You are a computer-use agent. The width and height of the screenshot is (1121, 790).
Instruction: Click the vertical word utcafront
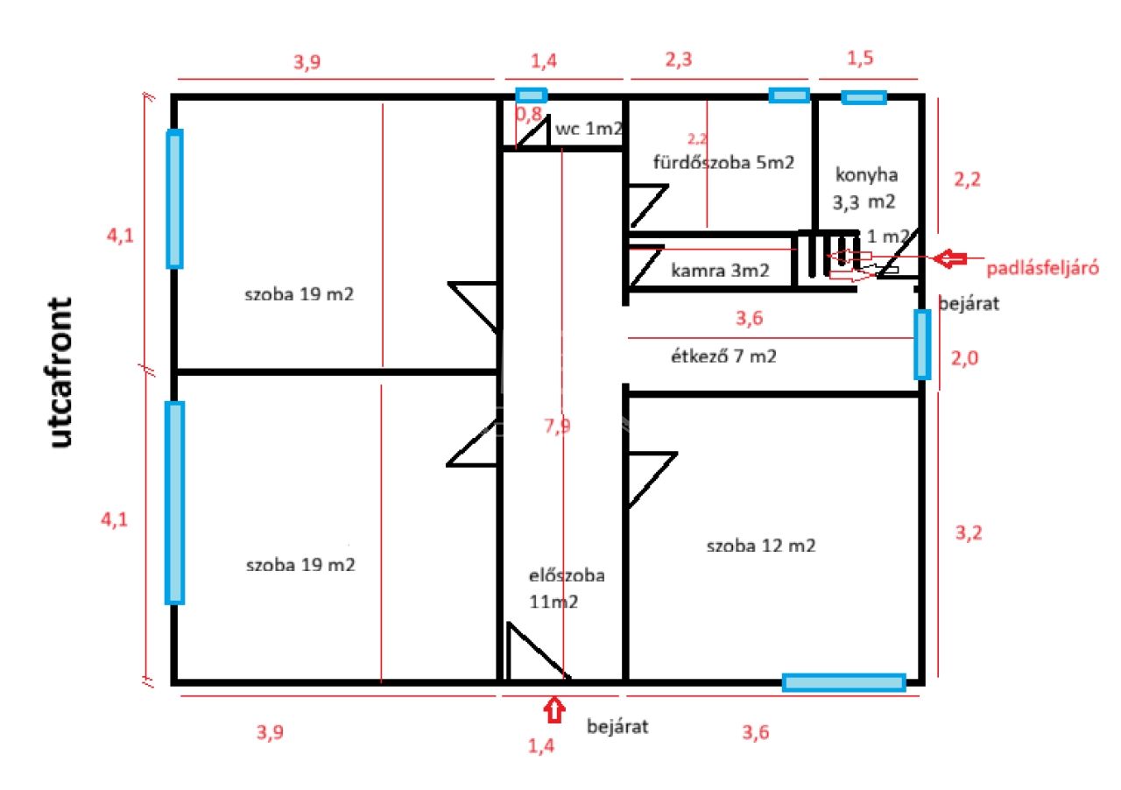tap(60, 372)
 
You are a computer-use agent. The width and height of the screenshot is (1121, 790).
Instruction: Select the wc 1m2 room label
tap(589, 129)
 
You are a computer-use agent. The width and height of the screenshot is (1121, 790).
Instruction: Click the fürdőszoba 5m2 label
tap(723, 163)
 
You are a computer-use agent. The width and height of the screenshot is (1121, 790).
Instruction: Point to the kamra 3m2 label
tap(720, 272)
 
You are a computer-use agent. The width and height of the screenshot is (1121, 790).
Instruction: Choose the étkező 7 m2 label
tap(723, 356)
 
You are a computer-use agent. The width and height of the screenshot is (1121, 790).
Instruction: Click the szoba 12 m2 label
tap(761, 546)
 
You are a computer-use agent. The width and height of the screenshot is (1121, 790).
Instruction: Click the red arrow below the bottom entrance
tap(553, 709)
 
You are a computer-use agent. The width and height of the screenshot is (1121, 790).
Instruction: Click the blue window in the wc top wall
tap(530, 95)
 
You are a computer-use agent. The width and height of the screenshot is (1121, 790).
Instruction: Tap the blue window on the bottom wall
tap(843, 682)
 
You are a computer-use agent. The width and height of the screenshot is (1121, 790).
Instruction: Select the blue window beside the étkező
tap(921, 343)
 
